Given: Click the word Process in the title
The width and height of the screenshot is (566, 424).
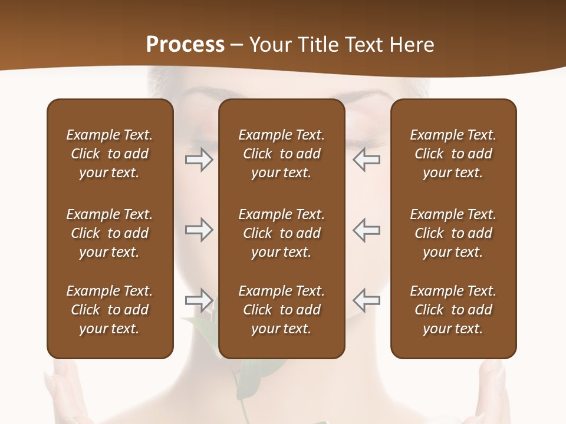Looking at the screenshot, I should pyautogui.click(x=185, y=45).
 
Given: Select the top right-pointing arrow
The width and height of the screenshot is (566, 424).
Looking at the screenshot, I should pyautogui.click(x=199, y=160).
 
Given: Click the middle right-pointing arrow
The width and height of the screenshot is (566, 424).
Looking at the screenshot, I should pyautogui.click(x=199, y=230).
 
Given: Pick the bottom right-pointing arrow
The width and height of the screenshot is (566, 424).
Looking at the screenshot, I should pyautogui.click(x=199, y=300).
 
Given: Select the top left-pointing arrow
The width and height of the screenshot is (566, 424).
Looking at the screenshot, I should pyautogui.click(x=367, y=160).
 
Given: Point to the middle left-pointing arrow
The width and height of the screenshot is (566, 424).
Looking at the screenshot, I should pyautogui.click(x=367, y=230).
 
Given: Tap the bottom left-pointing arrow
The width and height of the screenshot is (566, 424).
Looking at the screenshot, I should pyautogui.click(x=367, y=300).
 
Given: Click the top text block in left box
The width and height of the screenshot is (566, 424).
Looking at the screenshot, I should pyautogui.click(x=110, y=154).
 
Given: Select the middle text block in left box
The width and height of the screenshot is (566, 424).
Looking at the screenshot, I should pyautogui.click(x=110, y=233).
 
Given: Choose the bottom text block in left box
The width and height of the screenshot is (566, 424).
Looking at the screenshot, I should pyautogui.click(x=110, y=310).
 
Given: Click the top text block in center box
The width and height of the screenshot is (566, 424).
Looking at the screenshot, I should pyautogui.click(x=282, y=154).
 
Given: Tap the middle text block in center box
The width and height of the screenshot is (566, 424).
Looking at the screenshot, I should pyautogui.click(x=282, y=233).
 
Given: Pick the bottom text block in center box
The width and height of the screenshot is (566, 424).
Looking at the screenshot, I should pyautogui.click(x=282, y=310).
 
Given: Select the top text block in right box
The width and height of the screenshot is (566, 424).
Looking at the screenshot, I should pyautogui.click(x=453, y=154).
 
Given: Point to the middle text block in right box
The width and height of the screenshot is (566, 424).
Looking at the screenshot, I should pyautogui.click(x=453, y=233).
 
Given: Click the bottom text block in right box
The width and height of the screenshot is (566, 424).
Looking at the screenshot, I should pyautogui.click(x=453, y=310).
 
